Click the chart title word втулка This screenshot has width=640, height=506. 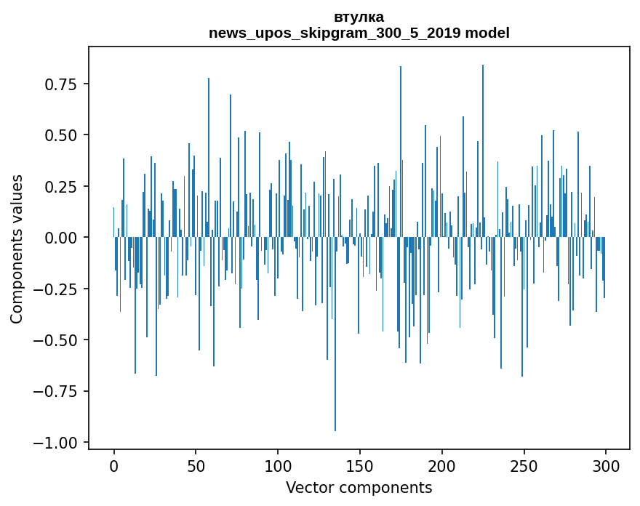pyautogui.click(x=359, y=17)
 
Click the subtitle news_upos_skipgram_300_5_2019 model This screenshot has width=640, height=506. pyautogui.click(x=359, y=33)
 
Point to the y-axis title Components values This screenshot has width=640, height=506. pyautogui.click(x=17, y=249)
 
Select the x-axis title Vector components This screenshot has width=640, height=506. pyautogui.click(x=359, y=487)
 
